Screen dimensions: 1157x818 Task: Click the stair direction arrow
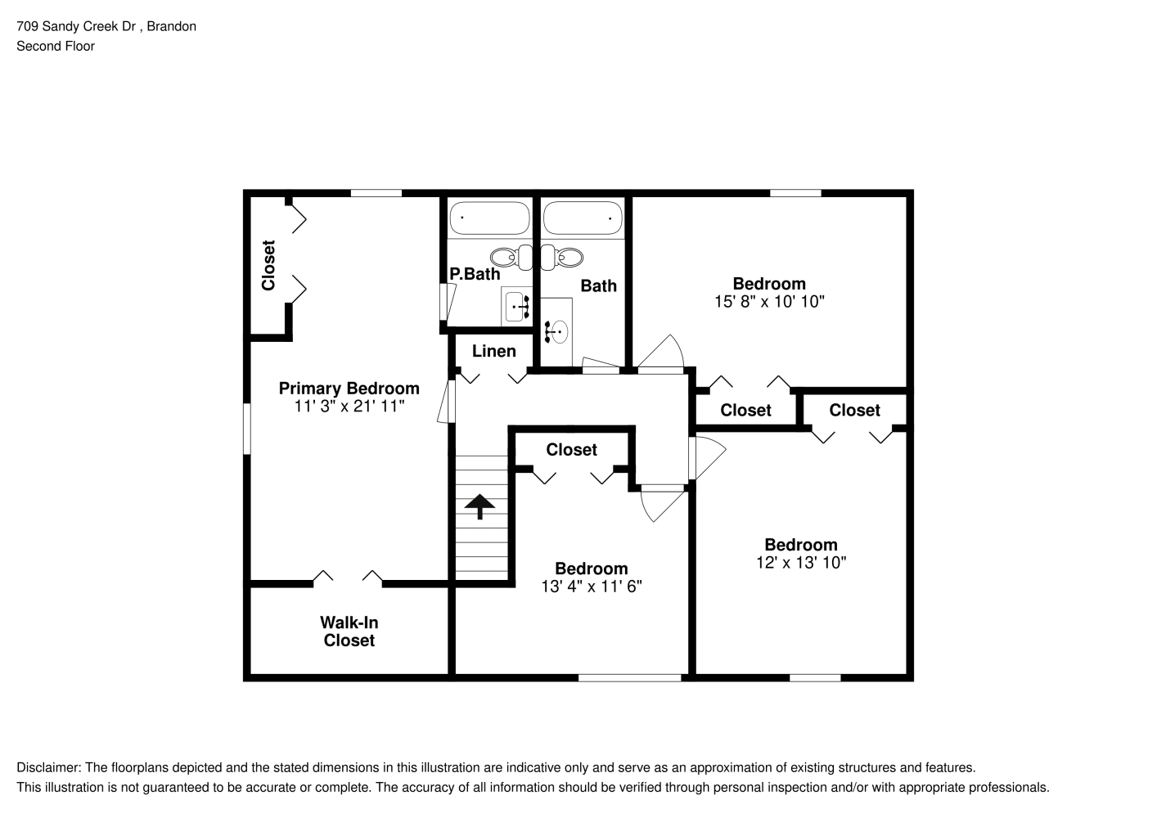[x=479, y=506]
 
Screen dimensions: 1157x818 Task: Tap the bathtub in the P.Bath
[x=489, y=218]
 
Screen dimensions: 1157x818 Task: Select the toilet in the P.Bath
[x=511, y=257]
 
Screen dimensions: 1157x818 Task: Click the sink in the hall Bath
[x=556, y=331]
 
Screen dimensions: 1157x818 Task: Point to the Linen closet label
[x=493, y=351]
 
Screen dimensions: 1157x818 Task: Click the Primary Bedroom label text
[x=349, y=389]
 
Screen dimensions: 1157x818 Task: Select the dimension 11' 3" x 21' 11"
[x=349, y=407]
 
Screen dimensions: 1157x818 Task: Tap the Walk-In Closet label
[x=349, y=631]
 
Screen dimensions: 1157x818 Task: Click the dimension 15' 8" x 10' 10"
[x=769, y=302]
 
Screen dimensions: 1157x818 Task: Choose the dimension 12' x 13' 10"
[x=801, y=563]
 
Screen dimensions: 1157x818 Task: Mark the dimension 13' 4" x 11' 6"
[x=592, y=587]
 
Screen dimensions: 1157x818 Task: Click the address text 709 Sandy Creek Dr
[x=76, y=26]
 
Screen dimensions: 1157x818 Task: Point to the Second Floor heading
[x=56, y=46]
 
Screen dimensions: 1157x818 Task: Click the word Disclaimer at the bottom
[x=49, y=767]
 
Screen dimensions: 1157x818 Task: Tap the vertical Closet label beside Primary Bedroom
[x=268, y=265]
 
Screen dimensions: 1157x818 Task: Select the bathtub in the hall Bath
[x=583, y=218]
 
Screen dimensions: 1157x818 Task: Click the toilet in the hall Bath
[x=562, y=257]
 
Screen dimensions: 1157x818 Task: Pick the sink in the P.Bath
[x=516, y=307]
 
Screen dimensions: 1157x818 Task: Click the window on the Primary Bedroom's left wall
[x=247, y=429]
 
